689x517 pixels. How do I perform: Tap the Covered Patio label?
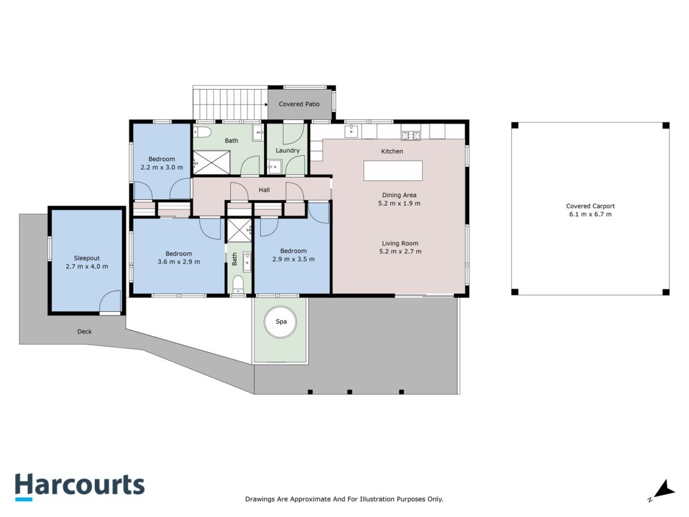point(299,104)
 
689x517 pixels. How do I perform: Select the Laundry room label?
point(287,151)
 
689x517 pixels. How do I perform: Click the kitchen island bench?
point(393,171)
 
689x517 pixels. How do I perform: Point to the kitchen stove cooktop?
point(411,136)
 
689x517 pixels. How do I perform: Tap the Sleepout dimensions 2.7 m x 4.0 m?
point(87,267)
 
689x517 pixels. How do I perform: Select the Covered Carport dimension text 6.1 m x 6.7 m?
point(590,214)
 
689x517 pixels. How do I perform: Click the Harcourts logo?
point(80,487)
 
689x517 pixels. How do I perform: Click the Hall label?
point(264,190)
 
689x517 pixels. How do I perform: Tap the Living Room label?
point(400,243)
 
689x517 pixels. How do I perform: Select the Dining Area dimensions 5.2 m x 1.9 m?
point(399,203)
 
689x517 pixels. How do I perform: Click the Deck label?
point(84,331)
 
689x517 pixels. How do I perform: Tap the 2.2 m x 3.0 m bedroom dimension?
point(161,167)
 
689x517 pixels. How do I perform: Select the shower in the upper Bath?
point(211,163)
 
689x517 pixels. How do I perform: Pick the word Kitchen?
point(392,151)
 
